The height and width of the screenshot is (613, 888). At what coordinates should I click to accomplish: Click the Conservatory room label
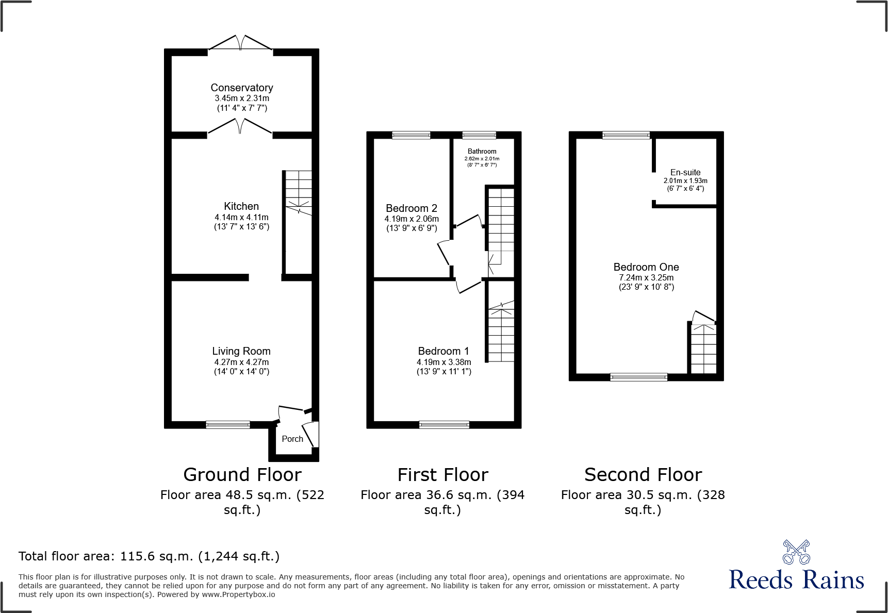241,88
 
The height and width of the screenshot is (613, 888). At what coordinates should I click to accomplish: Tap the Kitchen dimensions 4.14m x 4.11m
241,217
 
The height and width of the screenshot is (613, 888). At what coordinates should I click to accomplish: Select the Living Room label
241,351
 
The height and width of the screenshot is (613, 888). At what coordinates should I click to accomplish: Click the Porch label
292,439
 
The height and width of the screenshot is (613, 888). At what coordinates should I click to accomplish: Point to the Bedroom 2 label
412,208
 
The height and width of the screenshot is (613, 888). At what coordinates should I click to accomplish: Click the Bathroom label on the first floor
482,151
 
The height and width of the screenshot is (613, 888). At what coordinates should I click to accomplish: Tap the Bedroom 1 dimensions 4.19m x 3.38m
443,362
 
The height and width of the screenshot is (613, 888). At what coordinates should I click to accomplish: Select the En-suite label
685,172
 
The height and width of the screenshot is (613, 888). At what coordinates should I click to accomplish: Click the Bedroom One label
646,267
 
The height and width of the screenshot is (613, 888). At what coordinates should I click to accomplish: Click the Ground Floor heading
242,474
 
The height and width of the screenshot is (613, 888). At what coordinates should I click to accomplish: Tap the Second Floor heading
643,474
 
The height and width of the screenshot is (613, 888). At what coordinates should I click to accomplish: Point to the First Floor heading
442,474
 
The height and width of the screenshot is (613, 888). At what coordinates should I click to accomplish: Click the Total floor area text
149,556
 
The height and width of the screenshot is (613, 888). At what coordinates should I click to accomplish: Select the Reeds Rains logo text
796,579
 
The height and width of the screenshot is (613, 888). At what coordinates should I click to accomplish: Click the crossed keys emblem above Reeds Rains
796,552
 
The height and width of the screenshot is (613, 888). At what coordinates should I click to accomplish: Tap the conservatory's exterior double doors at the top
240,44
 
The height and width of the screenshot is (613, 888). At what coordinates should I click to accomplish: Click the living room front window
228,425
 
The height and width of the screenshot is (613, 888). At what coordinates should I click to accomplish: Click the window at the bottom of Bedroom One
638,377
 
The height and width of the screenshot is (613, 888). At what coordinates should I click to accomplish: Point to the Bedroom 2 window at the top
411,135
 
